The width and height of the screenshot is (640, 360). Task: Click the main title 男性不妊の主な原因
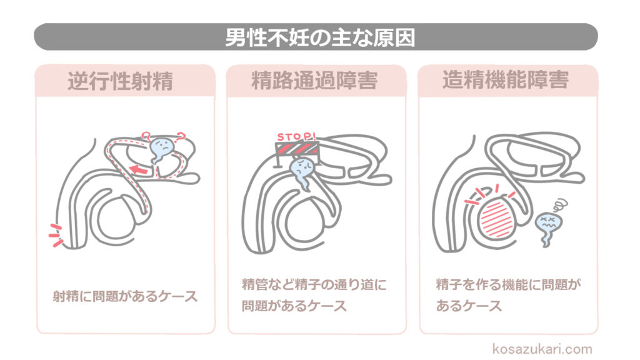pos(320,37)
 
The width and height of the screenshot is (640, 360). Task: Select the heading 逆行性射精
pos(120,81)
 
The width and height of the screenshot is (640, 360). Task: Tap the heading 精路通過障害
pos(314,81)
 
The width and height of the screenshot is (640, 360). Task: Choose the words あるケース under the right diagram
pos(469,306)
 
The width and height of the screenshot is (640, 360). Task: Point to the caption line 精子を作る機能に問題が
pos(508,286)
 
